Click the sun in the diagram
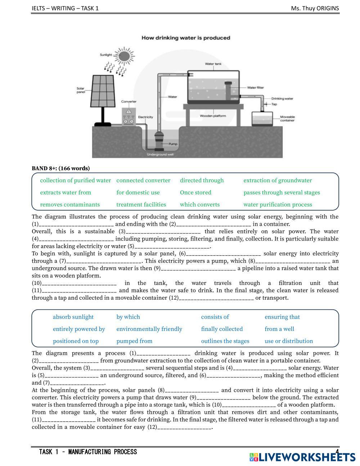point(124,56)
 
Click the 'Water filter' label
point(255,88)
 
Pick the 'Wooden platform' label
point(213,116)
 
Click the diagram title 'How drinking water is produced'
point(186,38)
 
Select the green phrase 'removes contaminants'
point(70,205)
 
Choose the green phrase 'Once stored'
point(195,192)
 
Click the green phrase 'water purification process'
point(278,205)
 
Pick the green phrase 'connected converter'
point(143,180)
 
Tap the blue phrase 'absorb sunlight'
point(73,317)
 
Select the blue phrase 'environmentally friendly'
point(149,329)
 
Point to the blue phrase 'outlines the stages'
point(225,341)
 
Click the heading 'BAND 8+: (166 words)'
point(61,168)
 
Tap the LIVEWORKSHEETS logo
point(302,457)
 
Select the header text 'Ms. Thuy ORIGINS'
point(315,8)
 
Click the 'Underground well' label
point(160,154)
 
